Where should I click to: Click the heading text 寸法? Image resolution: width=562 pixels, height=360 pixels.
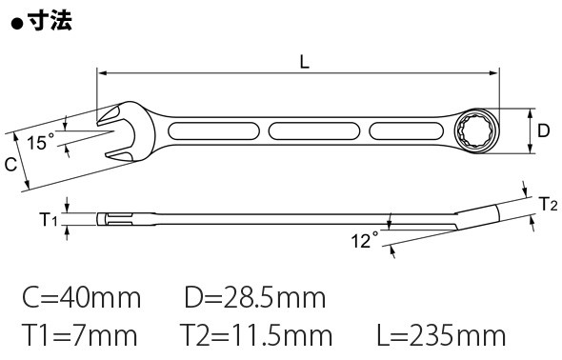50,20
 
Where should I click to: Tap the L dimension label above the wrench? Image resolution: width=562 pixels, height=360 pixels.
304,62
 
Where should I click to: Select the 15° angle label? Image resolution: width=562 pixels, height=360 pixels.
41,143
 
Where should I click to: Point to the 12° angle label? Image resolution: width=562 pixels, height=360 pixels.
365,240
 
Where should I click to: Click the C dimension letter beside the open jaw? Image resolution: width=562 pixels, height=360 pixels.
10,165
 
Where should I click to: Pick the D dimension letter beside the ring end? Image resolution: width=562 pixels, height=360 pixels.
543,131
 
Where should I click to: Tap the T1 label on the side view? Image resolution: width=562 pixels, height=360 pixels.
48,219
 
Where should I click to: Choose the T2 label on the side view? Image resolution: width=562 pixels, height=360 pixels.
549,204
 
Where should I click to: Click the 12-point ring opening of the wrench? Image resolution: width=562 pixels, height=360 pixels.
475,130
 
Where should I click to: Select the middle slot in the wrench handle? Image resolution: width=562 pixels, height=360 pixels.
314,131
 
